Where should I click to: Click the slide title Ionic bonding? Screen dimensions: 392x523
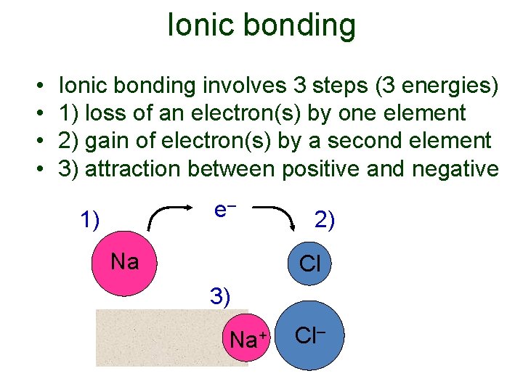pyautogui.click(x=261, y=25)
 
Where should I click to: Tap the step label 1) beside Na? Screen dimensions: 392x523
pyautogui.click(x=90, y=219)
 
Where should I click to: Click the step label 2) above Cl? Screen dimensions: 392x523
pyautogui.click(x=324, y=219)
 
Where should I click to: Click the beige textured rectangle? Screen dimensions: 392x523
pyautogui.click(x=160, y=338)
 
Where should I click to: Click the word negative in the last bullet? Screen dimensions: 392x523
pyautogui.click(x=455, y=168)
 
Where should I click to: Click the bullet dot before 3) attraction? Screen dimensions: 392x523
pyautogui.click(x=38, y=169)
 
